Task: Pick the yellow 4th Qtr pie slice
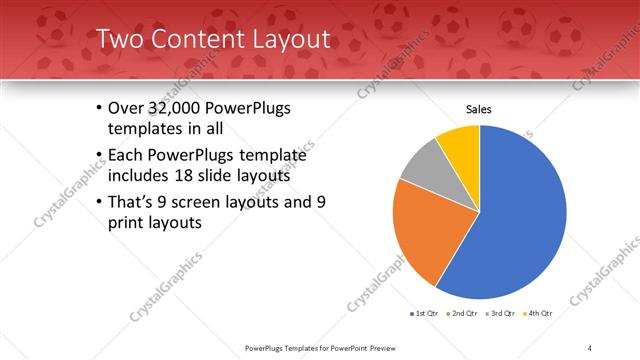pyautogui.click(x=461, y=143)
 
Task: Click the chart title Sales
pyautogui.click(x=480, y=109)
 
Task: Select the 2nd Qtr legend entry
pyautogui.click(x=461, y=313)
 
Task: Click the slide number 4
pyautogui.click(x=590, y=347)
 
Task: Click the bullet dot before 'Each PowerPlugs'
pyautogui.click(x=99, y=155)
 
